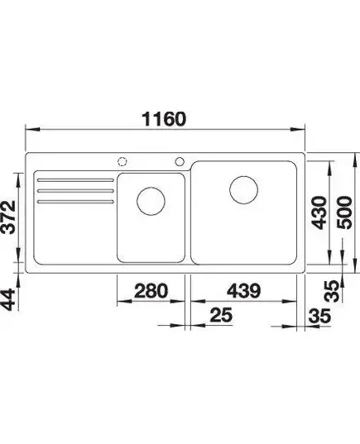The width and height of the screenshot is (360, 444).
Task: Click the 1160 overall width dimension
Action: click(165, 119)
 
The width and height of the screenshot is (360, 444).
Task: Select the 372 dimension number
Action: click(8, 217)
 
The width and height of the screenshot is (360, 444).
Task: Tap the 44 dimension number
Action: click(8, 299)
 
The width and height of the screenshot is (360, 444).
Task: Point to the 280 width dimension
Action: click(151, 291)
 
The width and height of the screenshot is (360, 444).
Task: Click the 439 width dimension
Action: click(243, 291)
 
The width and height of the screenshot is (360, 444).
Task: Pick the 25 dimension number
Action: click(221, 315)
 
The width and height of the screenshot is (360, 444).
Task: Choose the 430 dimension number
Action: click(319, 212)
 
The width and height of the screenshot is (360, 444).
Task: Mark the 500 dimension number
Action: click(343, 212)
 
